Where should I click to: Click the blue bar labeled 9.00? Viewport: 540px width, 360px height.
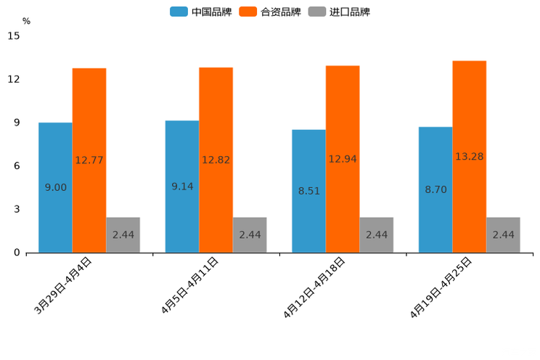coord(55,187)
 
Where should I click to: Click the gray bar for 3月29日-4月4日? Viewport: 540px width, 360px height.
coord(123,234)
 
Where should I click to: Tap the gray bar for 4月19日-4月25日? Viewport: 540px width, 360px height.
coord(503,234)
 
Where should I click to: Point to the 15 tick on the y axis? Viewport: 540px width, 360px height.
coord(14,36)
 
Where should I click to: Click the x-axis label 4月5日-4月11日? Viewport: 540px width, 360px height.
coord(189,286)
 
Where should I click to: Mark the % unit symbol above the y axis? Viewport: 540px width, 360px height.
coord(26,21)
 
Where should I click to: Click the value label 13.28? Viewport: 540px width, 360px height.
coord(470,156)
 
